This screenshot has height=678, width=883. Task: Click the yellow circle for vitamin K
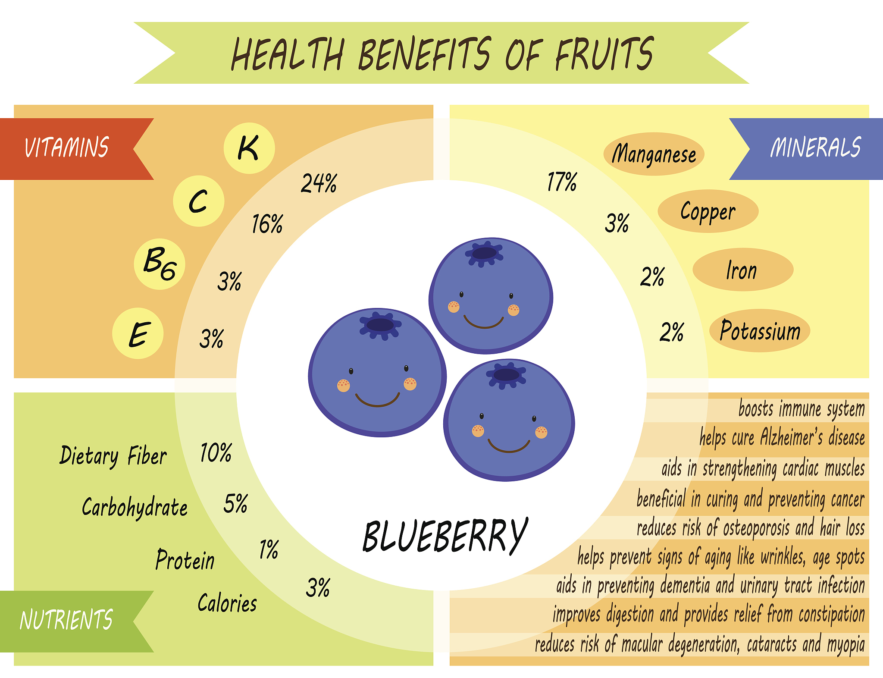pyautogui.click(x=249, y=148)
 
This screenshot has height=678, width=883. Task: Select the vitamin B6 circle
pyautogui.click(x=160, y=264)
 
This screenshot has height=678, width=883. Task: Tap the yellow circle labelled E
pyautogui.click(x=138, y=333)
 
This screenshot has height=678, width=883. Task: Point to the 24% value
pyautogui.click(x=319, y=183)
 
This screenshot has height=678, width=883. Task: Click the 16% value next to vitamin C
pyautogui.click(x=267, y=224)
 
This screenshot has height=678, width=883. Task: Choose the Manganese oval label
pyautogui.click(x=654, y=154)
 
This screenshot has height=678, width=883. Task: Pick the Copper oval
pyautogui.click(x=708, y=211)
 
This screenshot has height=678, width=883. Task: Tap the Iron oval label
pyautogui.click(x=743, y=270)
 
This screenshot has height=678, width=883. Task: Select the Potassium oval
pyautogui.click(x=760, y=330)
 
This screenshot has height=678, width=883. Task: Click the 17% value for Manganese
pyautogui.click(x=562, y=182)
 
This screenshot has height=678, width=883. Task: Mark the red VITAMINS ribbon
pyautogui.click(x=77, y=149)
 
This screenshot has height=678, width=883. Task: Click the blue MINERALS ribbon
pyautogui.click(x=806, y=149)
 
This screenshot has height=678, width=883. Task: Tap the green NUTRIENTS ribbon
pyautogui.click(x=77, y=621)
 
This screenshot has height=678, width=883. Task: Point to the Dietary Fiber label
pyautogui.click(x=113, y=456)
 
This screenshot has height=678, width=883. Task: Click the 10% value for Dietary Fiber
pyautogui.click(x=216, y=453)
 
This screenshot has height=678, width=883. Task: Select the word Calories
pyautogui.click(x=227, y=603)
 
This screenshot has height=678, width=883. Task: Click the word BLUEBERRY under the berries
pyautogui.click(x=445, y=536)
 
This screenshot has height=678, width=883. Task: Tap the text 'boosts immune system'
pyautogui.click(x=802, y=409)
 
